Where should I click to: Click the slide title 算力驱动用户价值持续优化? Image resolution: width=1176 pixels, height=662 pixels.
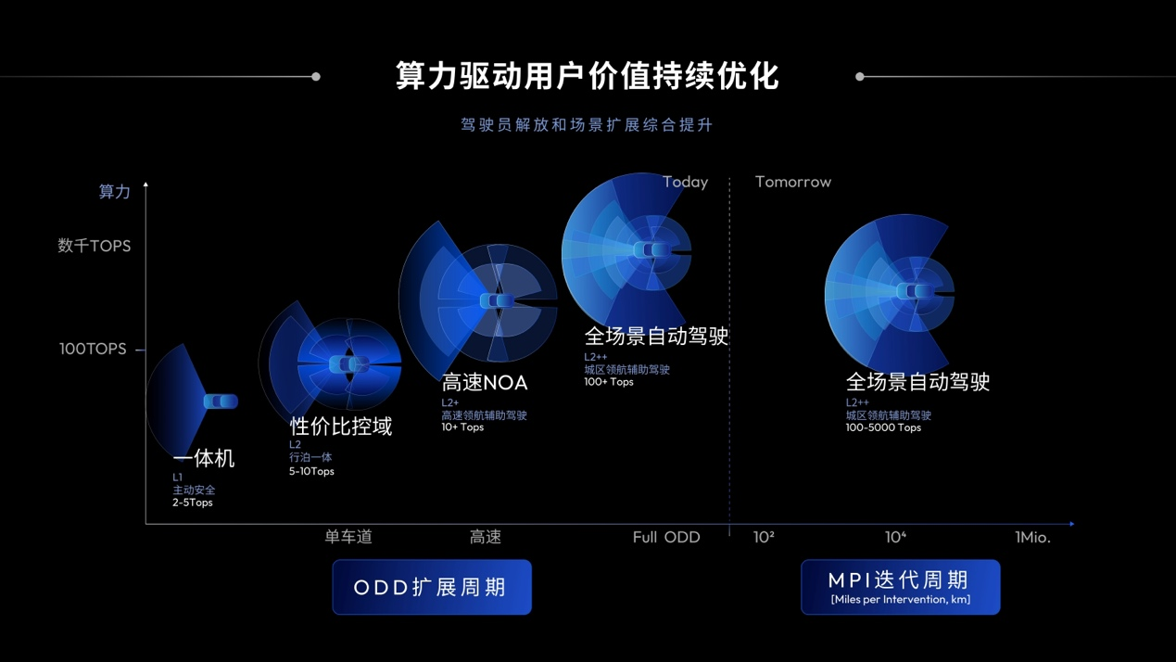[x=587, y=76]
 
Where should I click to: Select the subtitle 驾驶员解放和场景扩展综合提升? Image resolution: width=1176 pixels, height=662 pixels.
[x=587, y=125]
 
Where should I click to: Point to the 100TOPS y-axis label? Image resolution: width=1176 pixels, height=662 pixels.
[x=93, y=349]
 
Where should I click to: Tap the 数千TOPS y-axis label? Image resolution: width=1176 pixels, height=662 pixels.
[x=94, y=246]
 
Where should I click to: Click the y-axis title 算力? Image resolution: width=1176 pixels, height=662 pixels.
[x=115, y=191]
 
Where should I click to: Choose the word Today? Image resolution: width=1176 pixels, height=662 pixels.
[x=685, y=182]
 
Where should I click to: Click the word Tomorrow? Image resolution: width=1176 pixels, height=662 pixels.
[x=793, y=182]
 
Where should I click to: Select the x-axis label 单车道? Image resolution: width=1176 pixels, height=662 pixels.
[x=348, y=537]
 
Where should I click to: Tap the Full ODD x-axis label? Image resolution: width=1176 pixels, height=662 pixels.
[x=666, y=537]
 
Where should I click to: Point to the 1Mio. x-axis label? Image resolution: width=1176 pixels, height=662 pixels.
[x=1032, y=537]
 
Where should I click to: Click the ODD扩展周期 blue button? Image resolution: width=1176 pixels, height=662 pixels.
[x=432, y=587]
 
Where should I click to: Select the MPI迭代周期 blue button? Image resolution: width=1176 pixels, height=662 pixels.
[x=901, y=587]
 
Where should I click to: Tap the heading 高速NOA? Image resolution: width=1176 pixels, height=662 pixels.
[x=485, y=383]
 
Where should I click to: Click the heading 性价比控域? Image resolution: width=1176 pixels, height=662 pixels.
[x=341, y=426]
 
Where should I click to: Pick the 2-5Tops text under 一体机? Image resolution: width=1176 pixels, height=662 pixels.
[x=193, y=503]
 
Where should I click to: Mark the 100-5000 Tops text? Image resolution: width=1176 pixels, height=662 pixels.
[x=883, y=427]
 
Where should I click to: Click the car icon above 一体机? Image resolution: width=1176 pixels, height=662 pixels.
[x=221, y=401]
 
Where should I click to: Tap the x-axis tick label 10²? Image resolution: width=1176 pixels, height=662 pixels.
[x=764, y=537]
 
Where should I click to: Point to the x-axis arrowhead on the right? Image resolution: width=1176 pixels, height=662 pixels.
[x=1072, y=524]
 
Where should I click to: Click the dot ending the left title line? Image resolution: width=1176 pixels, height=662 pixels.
[x=316, y=77]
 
